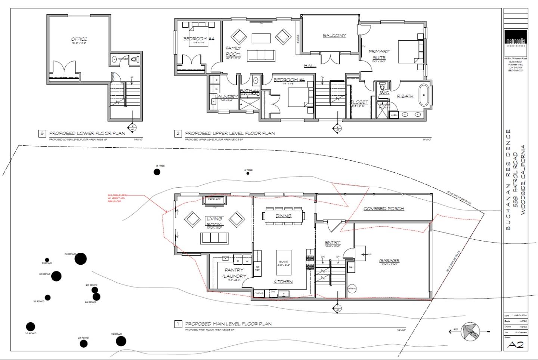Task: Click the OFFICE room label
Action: pyautogui.click(x=79, y=39)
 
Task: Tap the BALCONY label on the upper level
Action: pyautogui.click(x=334, y=36)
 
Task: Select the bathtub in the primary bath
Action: pyautogui.click(x=424, y=95)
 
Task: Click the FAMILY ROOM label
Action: pyautogui.click(x=233, y=51)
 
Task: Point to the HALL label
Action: pyautogui.click(x=310, y=66)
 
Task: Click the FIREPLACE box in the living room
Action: pyautogui.click(x=214, y=200)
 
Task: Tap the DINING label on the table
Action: pyautogui.click(x=284, y=216)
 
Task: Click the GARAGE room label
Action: pyautogui.click(x=389, y=261)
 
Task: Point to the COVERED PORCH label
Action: pyautogui.click(x=384, y=208)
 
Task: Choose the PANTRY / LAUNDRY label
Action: pyautogui.click(x=234, y=273)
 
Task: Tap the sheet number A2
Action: pyautogui.click(x=516, y=344)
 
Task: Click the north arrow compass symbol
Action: pyautogui.click(x=470, y=331)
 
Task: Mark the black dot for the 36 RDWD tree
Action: pyautogui.click(x=80, y=258)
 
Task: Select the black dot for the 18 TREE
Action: pyautogui.click(x=157, y=172)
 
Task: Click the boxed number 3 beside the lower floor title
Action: pyautogui.click(x=42, y=133)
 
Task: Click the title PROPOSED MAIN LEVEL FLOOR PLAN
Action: pyautogui.click(x=228, y=324)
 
